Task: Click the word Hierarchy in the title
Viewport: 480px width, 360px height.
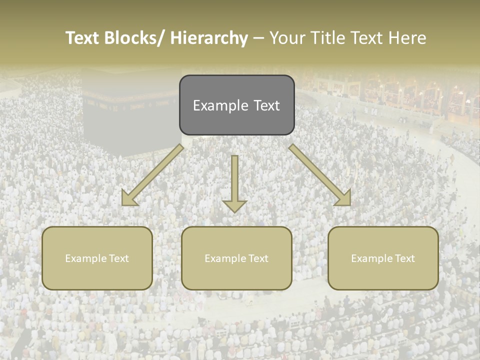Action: click(209, 38)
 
